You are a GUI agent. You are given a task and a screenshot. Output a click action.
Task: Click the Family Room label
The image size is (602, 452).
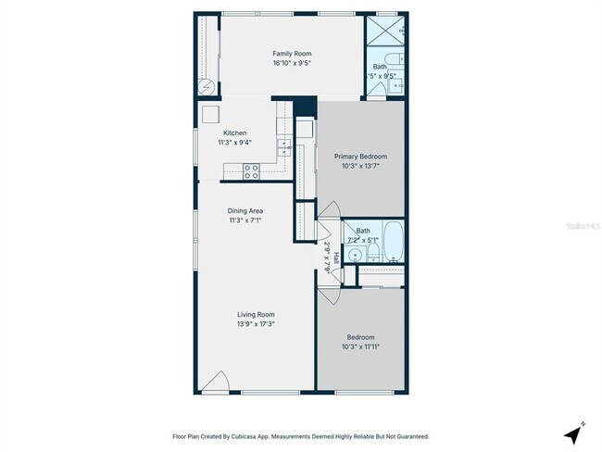(x=290, y=54)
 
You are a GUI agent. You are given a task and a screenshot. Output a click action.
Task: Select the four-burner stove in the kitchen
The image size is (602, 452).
(x=250, y=170)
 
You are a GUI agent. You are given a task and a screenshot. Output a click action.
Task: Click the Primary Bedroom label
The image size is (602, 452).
(x=360, y=157)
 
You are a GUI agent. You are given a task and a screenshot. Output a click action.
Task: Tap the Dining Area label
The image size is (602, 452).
(x=245, y=211)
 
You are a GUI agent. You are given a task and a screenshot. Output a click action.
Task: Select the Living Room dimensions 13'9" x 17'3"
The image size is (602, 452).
(x=256, y=324)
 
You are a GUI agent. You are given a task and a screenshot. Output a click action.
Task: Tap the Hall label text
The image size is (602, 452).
(x=336, y=260)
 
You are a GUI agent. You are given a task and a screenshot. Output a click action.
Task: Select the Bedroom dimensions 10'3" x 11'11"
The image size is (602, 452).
(x=360, y=346)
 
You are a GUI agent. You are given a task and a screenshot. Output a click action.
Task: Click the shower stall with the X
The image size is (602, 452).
(x=384, y=31)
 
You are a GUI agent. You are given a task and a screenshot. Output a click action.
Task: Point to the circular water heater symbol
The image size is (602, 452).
(x=208, y=86)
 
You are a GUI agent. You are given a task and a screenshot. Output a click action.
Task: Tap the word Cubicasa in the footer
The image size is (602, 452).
(x=247, y=436)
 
